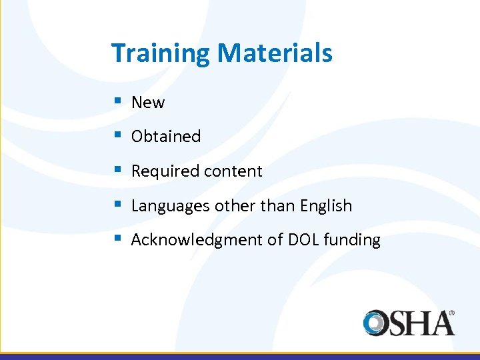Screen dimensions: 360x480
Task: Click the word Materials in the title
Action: [x=275, y=53]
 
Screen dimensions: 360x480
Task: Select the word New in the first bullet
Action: [x=148, y=103]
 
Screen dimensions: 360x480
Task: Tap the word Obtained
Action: [x=166, y=137]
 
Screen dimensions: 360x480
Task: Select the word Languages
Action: [x=171, y=207]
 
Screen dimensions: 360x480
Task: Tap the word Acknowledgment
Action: [x=197, y=241]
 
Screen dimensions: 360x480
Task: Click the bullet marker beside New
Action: [x=117, y=102]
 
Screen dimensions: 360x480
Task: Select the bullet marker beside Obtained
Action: [x=117, y=136]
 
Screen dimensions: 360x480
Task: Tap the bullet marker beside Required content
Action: [x=117, y=171]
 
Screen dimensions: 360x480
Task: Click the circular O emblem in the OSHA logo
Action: [x=377, y=323]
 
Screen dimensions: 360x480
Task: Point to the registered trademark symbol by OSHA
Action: [x=451, y=312]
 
